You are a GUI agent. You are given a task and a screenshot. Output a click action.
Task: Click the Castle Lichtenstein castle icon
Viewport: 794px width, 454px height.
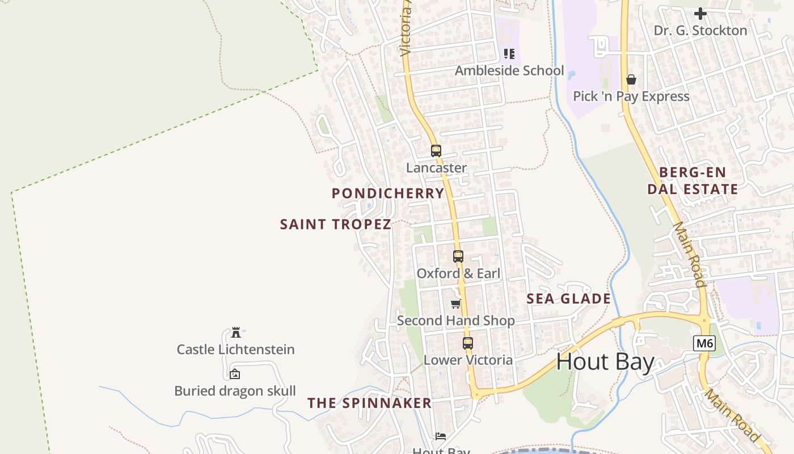(x=236, y=333)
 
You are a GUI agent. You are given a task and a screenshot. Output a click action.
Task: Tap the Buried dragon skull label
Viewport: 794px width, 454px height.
(x=235, y=391)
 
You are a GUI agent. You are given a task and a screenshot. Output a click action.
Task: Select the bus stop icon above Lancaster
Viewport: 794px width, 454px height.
(x=436, y=151)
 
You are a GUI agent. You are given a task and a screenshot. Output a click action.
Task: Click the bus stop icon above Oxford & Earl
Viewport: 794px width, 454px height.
(x=458, y=257)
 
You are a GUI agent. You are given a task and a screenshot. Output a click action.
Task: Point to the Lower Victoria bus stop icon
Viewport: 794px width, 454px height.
(x=467, y=343)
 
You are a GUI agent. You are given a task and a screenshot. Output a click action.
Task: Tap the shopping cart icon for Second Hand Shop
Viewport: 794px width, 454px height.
(x=455, y=304)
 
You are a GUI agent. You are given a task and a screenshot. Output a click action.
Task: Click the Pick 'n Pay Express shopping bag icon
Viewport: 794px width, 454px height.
(x=631, y=79)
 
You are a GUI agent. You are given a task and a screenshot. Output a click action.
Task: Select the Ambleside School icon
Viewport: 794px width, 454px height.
(x=509, y=54)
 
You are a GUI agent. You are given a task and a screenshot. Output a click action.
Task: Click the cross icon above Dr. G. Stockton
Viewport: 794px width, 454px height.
(x=700, y=13)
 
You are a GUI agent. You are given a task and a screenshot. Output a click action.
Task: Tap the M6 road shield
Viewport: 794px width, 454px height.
(x=704, y=343)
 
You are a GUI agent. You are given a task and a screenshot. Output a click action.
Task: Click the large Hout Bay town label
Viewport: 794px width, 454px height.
(x=605, y=361)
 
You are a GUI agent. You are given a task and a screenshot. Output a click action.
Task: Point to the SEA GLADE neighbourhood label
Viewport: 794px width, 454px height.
(x=569, y=299)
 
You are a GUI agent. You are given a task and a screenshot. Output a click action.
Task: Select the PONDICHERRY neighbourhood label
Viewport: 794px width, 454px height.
(x=388, y=193)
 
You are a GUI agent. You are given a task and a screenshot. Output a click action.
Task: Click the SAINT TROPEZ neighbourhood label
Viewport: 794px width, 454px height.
(x=336, y=224)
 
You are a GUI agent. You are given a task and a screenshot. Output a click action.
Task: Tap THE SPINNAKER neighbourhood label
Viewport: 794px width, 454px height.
(x=370, y=403)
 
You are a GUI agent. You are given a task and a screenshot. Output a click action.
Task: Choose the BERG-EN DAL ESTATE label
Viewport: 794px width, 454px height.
(x=693, y=180)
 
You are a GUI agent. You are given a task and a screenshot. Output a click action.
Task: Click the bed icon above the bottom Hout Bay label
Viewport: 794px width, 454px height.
(x=441, y=436)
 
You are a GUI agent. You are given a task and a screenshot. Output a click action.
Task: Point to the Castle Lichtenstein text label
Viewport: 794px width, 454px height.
(x=236, y=349)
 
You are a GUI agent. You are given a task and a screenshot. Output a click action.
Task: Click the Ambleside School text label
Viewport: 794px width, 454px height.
(x=509, y=70)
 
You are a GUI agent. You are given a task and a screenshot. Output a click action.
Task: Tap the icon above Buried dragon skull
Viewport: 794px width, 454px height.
(x=235, y=374)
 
